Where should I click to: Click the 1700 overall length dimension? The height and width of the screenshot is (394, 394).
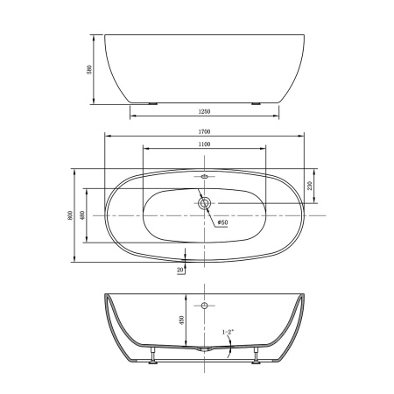pos(204,131)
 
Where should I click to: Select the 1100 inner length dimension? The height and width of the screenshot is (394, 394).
pos(204,144)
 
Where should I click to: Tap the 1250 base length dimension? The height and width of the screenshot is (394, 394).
pos(204,113)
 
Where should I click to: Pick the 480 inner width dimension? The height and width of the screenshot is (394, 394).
pos(81,215)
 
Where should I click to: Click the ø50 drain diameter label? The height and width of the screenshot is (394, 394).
pos(222,222)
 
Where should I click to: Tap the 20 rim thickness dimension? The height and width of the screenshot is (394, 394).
pos(180,270)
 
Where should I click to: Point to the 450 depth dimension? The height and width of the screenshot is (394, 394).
pos(180,320)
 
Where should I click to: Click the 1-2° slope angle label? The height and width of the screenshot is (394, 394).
pos(228,332)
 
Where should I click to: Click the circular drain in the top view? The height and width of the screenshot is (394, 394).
pos(204,204)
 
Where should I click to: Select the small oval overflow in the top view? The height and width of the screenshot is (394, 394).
pos(204,177)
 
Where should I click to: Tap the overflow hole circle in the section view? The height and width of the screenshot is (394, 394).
pos(204,306)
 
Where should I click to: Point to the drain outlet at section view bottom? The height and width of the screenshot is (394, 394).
pos(204,349)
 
